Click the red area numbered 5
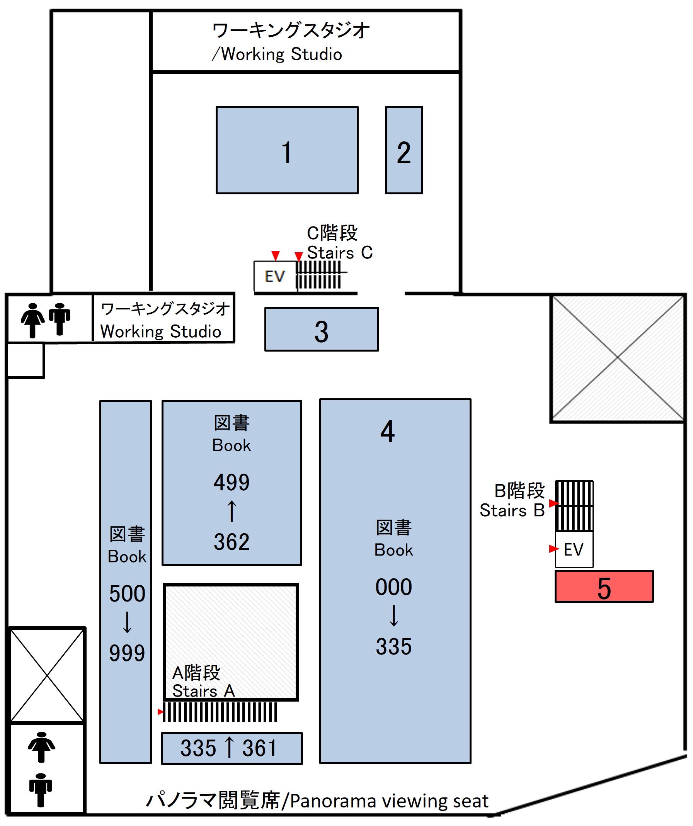tap(604, 587)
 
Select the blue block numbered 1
tap(287, 150)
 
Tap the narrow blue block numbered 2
tap(404, 150)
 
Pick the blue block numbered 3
tap(322, 329)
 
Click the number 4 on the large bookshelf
tap(387, 432)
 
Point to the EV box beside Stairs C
tap(275, 277)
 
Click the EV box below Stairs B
tap(573, 549)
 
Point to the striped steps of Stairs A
tap(220, 712)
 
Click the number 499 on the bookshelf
tap(232, 482)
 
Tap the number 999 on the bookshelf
tap(127, 654)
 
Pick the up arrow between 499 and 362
tap(232, 512)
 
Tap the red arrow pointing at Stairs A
tap(160, 712)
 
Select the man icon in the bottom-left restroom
tap(41, 790)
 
